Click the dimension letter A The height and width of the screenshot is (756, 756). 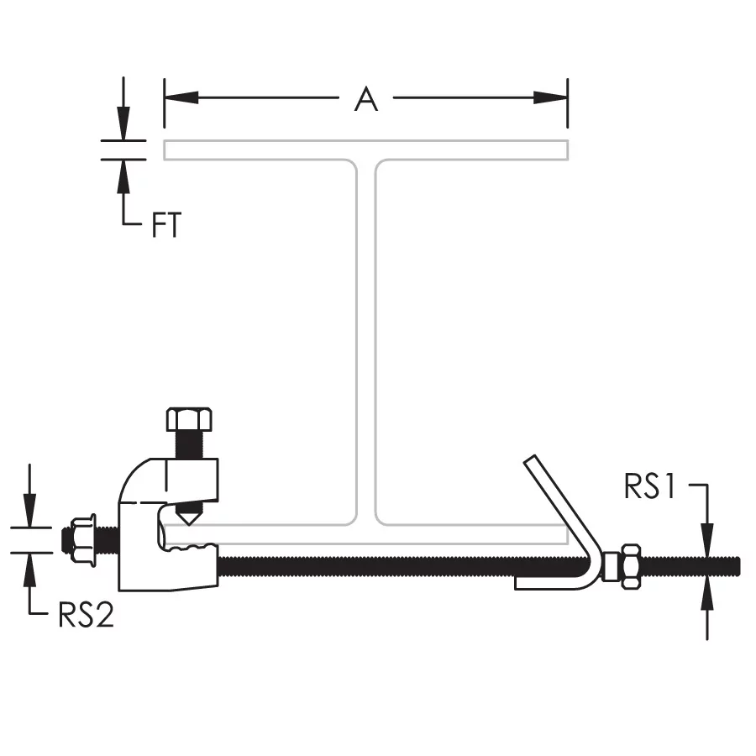(366, 99)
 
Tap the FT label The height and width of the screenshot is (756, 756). (166, 224)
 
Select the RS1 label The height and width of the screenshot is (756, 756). (650, 486)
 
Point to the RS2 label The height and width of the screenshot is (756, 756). (86, 615)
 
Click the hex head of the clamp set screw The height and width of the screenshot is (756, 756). (189, 419)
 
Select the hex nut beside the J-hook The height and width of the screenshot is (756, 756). (631, 566)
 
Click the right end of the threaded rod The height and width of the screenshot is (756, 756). (738, 566)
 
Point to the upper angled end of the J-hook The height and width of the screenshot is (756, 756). (530, 459)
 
